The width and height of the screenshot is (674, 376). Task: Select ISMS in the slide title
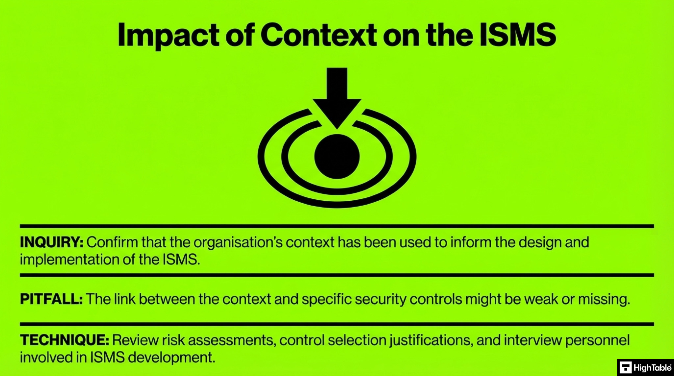pos(517,35)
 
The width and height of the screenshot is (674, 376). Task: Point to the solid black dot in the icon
pos(337,157)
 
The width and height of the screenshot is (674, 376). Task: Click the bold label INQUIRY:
pos(52,242)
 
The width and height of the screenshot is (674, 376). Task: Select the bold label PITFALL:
pos(51,299)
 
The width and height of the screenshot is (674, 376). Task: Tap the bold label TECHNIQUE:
pos(65,340)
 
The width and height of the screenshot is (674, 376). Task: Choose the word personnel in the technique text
pos(597,340)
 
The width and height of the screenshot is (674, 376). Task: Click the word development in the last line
pos(171,358)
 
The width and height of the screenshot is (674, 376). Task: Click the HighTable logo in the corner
pos(645,367)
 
